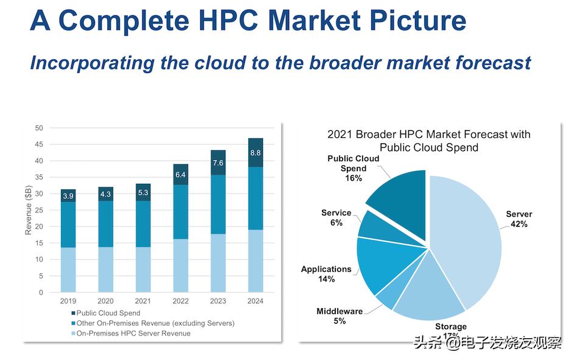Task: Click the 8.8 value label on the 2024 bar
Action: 256,153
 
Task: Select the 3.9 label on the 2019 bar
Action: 68,196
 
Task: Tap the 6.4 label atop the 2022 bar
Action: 181,175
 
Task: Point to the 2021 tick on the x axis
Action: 143,301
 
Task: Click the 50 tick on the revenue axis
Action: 38,128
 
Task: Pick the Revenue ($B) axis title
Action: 28,210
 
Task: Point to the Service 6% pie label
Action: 337,218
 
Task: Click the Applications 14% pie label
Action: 326,274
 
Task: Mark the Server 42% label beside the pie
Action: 518,219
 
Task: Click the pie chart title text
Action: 429,140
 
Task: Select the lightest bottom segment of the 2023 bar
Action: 218,263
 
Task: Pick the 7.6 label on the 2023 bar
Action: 218,163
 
